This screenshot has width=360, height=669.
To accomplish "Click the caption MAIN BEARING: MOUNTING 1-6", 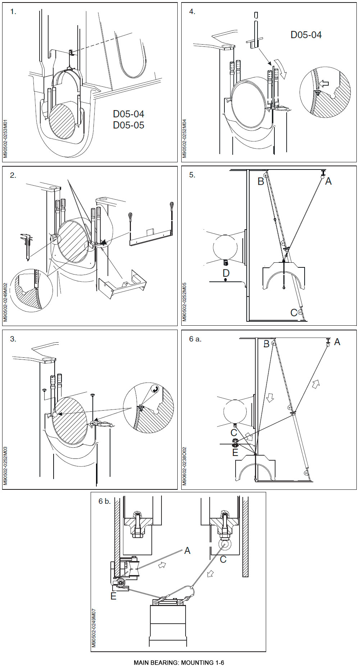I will tap(179, 663).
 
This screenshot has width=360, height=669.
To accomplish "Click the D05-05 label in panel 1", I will tap(128, 125).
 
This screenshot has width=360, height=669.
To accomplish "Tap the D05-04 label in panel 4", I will tap(306, 35).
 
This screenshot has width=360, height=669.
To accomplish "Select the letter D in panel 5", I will tap(226, 273).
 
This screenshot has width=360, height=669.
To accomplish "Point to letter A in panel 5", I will tap(328, 181).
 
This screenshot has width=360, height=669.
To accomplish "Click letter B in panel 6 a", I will tap(266, 344).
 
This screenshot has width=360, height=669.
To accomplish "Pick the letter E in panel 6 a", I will tap(235, 452).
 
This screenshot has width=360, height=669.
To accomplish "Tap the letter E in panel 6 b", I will tap(113, 596).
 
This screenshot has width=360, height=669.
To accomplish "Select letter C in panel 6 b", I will tap(223, 559).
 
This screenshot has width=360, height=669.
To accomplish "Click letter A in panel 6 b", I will tap(187, 551).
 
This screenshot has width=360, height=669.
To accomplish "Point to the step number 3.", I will tap(13, 339).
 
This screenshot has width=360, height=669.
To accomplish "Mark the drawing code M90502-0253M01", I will tap(5, 139).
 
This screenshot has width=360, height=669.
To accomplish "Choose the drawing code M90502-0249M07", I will tap(94, 628).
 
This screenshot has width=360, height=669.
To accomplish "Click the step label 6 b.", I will tap(104, 501).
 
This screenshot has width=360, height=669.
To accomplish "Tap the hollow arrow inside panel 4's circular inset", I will tap(324, 84).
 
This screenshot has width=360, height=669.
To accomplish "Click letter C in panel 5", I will tap(294, 312).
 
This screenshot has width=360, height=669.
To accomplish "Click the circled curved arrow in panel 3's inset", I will tap(155, 389).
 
